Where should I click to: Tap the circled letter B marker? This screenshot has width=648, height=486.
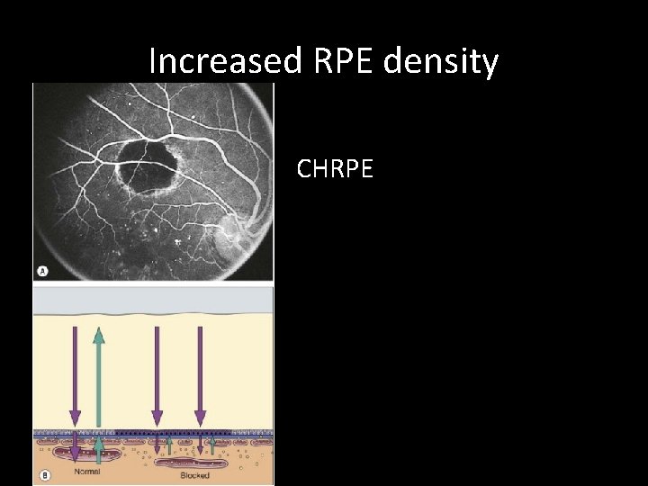click(42, 475)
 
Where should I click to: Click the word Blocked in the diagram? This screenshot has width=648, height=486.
click(194, 474)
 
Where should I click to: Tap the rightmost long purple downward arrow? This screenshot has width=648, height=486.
click(200, 373)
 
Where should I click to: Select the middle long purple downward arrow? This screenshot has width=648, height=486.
click(157, 373)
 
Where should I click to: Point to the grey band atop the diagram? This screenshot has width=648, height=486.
click(153, 300)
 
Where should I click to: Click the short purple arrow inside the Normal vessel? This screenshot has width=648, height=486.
click(75, 450)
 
